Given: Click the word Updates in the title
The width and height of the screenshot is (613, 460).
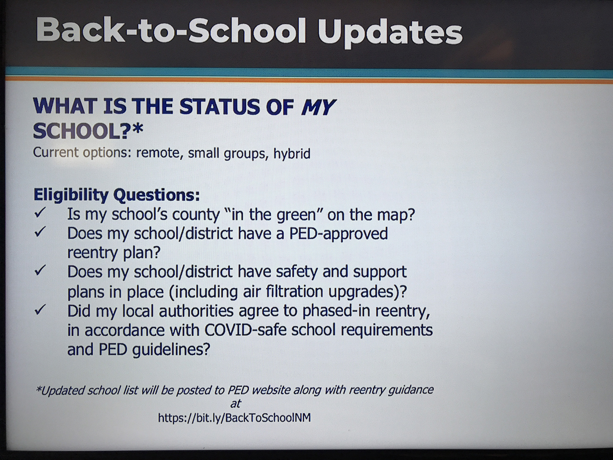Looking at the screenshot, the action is [390, 33].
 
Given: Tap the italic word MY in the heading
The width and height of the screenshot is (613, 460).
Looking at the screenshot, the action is [318, 107].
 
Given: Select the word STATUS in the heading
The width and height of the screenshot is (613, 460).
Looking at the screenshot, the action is [220, 106].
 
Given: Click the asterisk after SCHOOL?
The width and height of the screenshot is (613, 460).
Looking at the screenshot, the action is [137, 129].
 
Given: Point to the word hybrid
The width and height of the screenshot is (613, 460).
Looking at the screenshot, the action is [292, 153].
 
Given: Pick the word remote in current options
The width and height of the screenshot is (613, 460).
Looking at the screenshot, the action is [158, 153].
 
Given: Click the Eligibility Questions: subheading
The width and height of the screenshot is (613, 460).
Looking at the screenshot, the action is [117, 195].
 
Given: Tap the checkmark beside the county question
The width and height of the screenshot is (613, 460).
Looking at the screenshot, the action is [40, 213].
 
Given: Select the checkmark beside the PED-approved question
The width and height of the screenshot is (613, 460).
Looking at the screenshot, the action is [40, 232].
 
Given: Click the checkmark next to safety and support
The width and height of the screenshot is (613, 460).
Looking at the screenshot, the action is [40, 270].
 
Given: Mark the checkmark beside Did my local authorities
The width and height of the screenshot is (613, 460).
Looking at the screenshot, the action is [40, 309].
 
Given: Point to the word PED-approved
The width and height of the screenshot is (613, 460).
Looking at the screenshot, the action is [339, 234].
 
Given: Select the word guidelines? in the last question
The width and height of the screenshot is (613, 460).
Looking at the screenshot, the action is [171, 350].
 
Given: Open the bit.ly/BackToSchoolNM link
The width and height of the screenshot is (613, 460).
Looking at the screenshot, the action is [234, 418].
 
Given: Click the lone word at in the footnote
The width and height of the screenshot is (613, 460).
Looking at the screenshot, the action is [235, 404].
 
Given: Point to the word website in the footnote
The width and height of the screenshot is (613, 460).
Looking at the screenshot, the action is [271, 389].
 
